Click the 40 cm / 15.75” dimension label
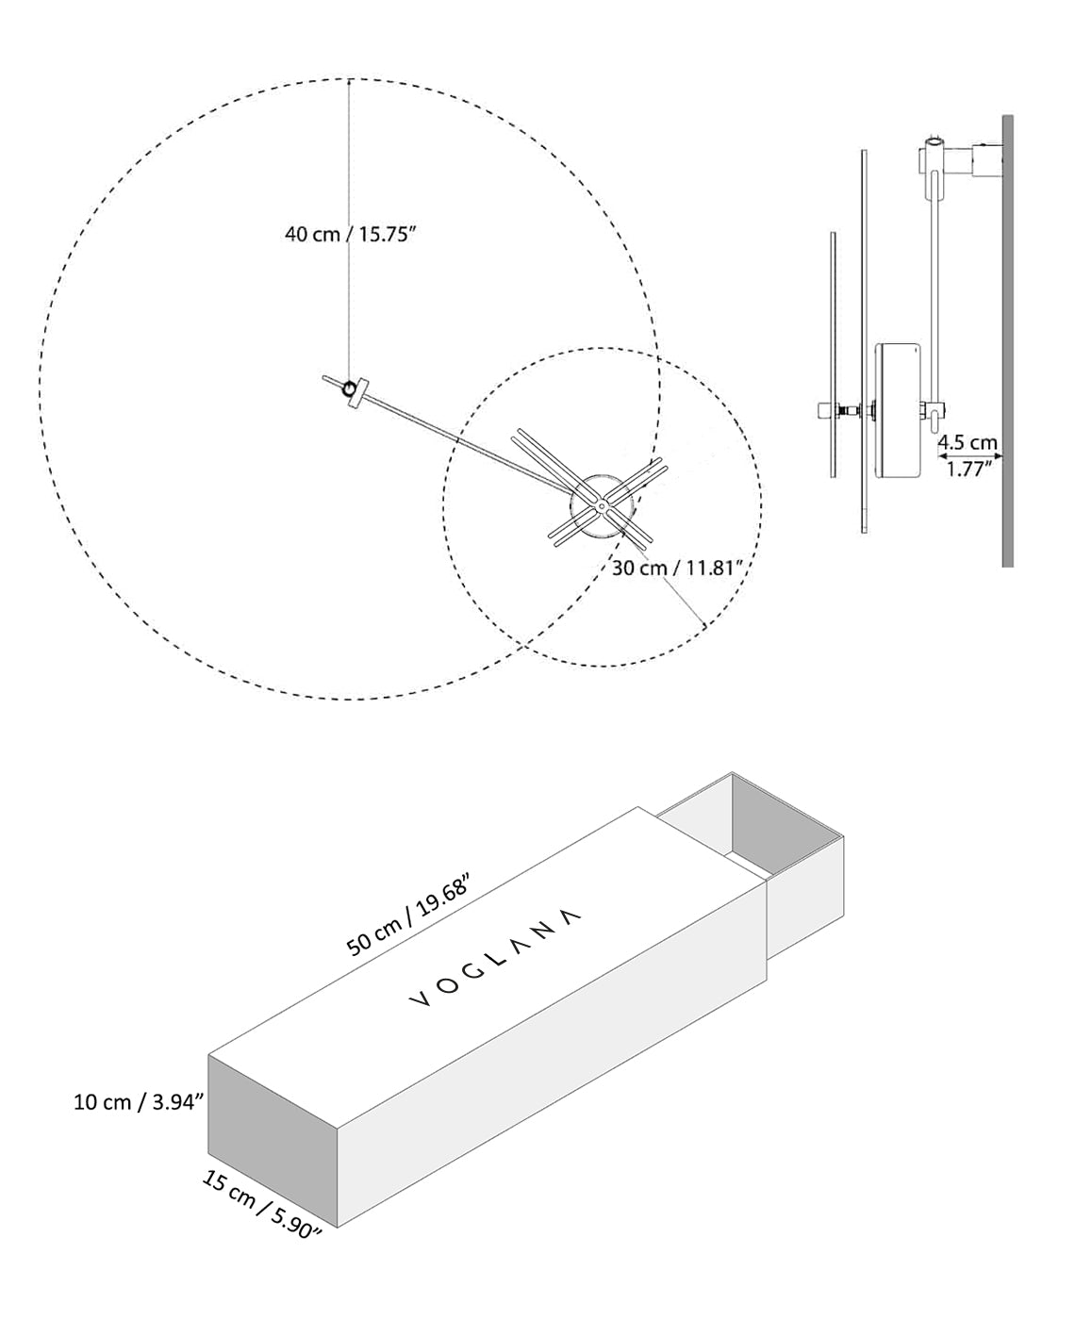[x=351, y=235]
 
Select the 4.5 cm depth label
[x=967, y=441]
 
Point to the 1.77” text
[x=967, y=469]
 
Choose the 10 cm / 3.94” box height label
[x=139, y=1101]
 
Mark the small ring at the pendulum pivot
[x=351, y=388]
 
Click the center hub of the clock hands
[x=601, y=506]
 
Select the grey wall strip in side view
[x=1007, y=339]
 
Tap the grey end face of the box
[x=272, y=1138]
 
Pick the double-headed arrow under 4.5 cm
[x=968, y=455]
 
